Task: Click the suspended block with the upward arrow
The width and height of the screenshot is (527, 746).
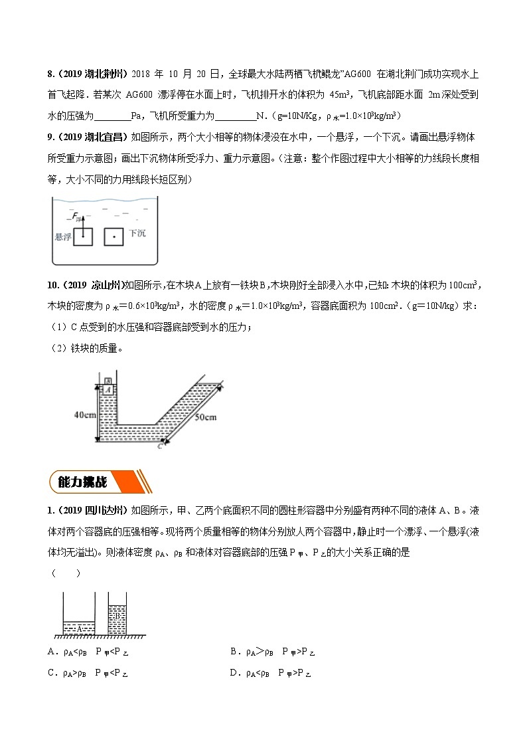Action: pos(82,236)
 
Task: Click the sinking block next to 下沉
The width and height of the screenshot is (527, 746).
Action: pos(114,236)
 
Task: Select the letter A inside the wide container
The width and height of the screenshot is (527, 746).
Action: pos(79,627)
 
